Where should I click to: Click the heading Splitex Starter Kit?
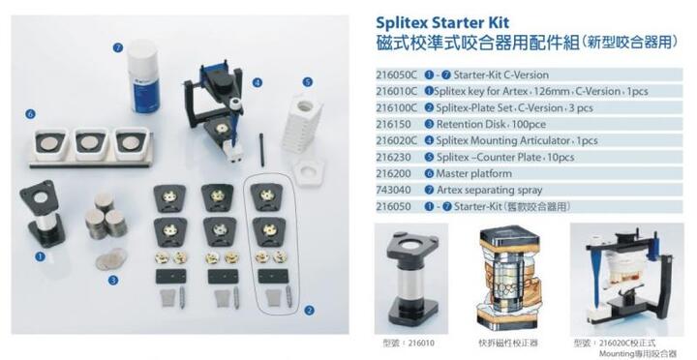point(442,22)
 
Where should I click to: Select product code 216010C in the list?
point(397,92)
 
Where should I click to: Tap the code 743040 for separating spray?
point(393,191)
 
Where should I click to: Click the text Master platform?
point(473,174)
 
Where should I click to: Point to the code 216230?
point(393,158)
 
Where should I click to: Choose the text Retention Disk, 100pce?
point(491,125)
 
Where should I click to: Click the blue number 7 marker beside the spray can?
point(118,48)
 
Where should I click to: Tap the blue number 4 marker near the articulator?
point(257,82)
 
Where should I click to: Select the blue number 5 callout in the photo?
point(307,82)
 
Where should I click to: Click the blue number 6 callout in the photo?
point(30,114)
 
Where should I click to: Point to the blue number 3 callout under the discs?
point(113,280)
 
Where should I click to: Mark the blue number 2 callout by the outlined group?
point(310,311)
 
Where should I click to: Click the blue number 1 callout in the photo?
point(40,256)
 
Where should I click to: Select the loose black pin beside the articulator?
point(261,150)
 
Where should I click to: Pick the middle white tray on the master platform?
point(91,144)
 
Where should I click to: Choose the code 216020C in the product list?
point(397,141)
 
